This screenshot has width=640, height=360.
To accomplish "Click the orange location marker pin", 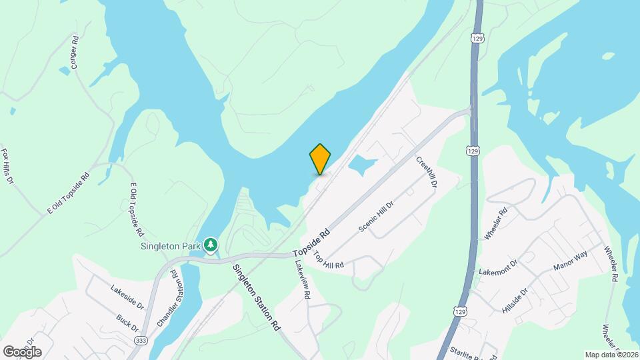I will pos(320,159).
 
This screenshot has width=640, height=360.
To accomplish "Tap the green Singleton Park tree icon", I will pos(211,245).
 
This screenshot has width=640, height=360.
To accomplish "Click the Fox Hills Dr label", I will pos(8,167).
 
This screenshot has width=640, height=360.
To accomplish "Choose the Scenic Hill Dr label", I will pos(377,216).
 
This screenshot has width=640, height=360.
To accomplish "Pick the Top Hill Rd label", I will pos(328,260).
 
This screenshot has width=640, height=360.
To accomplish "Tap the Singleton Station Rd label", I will pos(256,298).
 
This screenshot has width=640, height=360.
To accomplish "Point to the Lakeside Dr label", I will pos(127,296).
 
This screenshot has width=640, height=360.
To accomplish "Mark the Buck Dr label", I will pos(127,323).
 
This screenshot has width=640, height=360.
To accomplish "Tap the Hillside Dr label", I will pos(514,301).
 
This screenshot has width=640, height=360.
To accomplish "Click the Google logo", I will pos(22,351).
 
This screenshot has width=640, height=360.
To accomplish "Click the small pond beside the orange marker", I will pos(361,165).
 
